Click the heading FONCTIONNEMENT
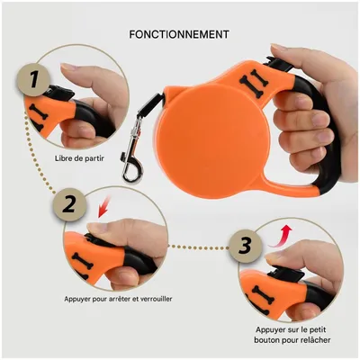[x=179, y=34]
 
